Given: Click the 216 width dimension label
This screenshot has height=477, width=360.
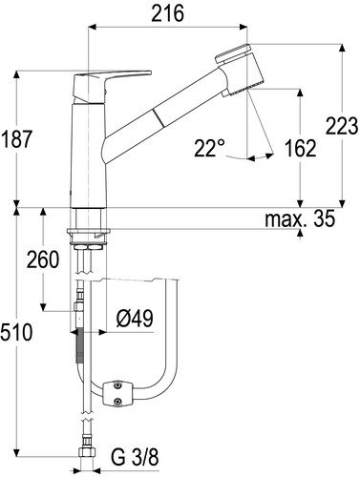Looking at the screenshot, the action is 168,13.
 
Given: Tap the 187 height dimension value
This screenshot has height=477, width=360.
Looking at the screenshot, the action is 17,139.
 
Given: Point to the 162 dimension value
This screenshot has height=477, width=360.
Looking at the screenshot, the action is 300,148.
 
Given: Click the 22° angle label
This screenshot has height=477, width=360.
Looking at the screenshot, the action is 209,148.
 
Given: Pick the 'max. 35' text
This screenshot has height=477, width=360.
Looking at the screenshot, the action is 300,218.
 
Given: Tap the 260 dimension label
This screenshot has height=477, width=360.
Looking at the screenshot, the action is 43,259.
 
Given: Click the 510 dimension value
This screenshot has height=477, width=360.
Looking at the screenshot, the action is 16,332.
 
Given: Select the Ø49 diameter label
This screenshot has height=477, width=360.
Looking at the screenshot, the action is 135,319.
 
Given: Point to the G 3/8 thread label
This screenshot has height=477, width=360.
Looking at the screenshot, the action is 135,458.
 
